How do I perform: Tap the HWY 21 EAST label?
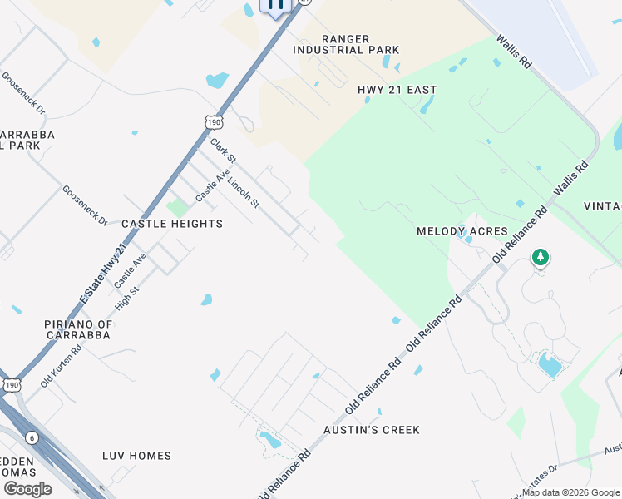click(x=397, y=90)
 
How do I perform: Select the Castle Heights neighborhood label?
click(x=172, y=224)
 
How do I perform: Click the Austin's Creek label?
click(x=372, y=430)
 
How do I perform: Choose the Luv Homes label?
click(x=136, y=456)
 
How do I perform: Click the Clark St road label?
click(x=223, y=151)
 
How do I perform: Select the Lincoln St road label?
click(x=244, y=192)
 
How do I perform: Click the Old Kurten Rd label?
click(x=62, y=367)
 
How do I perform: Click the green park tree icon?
click(x=541, y=257)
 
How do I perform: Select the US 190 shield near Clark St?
click(x=214, y=123)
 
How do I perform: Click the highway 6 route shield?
click(x=32, y=437)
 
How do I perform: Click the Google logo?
click(x=27, y=489)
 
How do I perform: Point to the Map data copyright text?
click(x=570, y=492)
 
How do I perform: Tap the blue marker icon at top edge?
click(x=276, y=5)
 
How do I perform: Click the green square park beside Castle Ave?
click(x=176, y=206)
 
